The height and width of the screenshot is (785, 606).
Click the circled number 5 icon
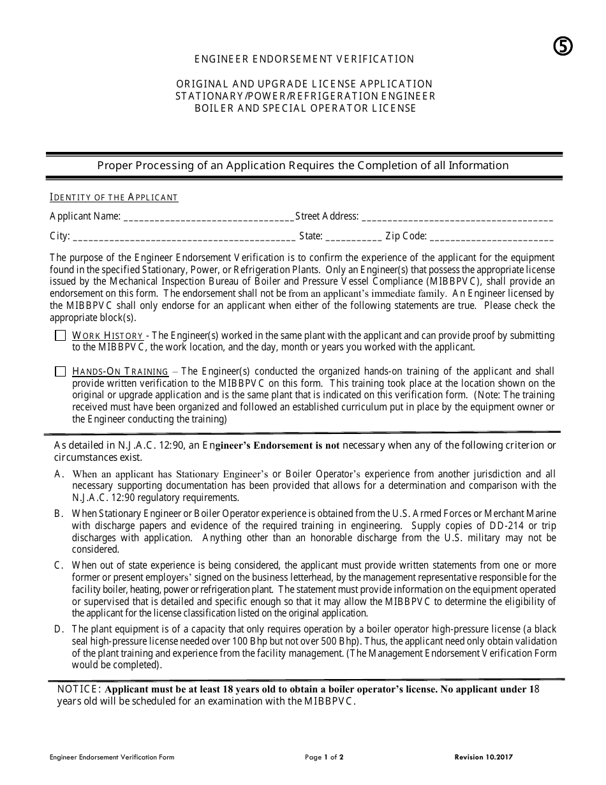point(562,46)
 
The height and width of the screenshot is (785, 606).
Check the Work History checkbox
point(60,336)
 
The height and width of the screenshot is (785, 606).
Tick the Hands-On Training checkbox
point(60,371)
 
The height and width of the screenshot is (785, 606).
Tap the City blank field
point(184,237)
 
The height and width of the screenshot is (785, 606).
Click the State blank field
point(353,237)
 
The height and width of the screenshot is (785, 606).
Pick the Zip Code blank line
point(492,237)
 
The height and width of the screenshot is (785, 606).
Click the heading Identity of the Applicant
point(114,198)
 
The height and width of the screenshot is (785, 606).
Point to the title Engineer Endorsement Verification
point(304,59)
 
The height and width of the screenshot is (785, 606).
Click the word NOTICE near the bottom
point(78,689)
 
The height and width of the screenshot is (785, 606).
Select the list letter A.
point(58,474)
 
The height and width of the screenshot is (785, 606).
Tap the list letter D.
point(58,629)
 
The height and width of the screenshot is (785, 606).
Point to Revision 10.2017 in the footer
point(484,758)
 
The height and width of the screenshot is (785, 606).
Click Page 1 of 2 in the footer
point(325,758)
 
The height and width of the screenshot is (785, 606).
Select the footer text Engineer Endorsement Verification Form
point(112,758)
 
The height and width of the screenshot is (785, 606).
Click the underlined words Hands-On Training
point(121,371)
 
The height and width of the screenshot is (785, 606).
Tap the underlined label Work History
point(108,336)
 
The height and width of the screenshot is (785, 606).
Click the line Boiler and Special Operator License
point(305,108)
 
